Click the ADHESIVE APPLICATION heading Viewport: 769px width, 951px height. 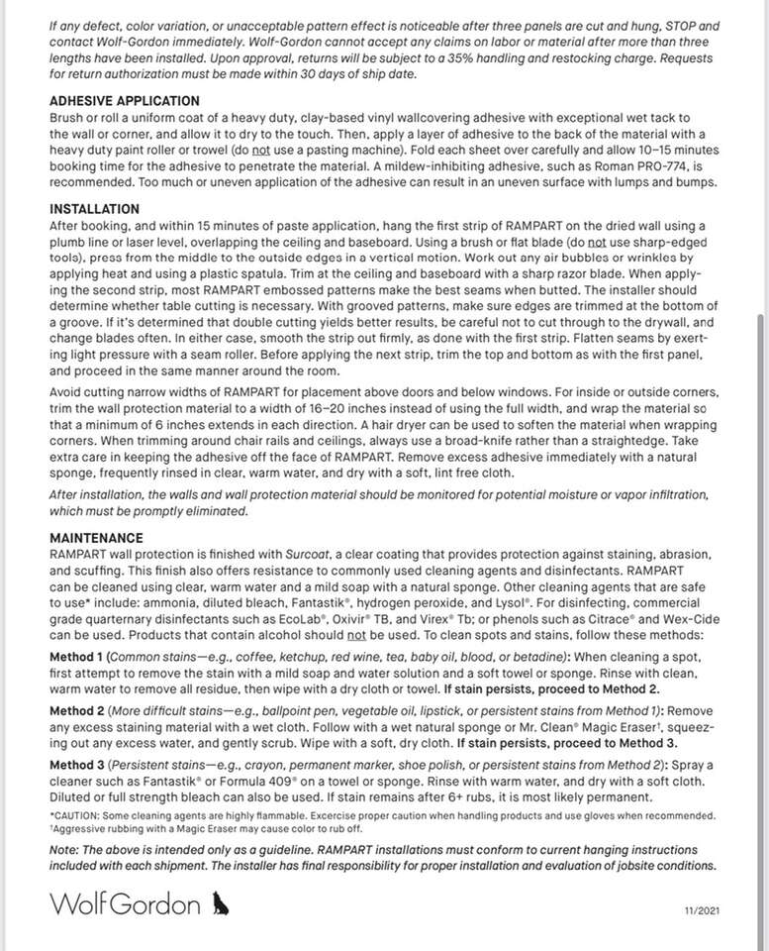pyautogui.click(x=125, y=101)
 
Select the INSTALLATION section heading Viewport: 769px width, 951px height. pyautogui.click(x=94, y=210)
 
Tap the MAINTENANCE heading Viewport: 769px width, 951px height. pyautogui.click(x=97, y=537)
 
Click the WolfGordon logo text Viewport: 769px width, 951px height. pyautogui.click(x=127, y=903)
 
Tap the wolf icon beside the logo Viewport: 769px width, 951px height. pyautogui.click(x=220, y=902)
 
